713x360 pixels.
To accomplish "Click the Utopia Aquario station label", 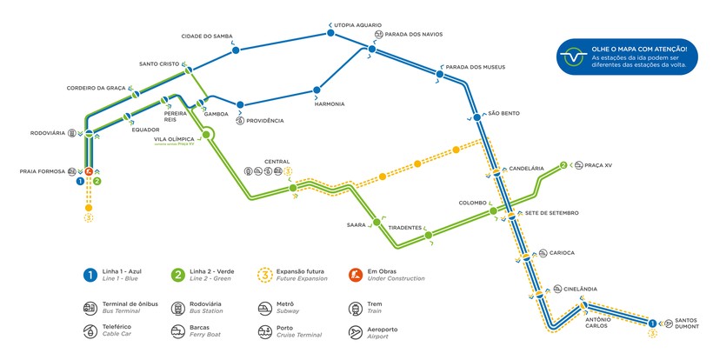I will (358, 25).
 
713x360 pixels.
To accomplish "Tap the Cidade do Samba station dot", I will (236, 52).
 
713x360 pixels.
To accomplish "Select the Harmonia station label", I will (330, 103).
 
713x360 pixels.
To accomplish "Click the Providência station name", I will (264, 120).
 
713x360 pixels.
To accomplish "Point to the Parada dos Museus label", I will (475, 67).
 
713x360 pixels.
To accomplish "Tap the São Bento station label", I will (503, 113).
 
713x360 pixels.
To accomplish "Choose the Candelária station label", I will (526, 168).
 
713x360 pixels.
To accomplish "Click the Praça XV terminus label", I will (599, 164).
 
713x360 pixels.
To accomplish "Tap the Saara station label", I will (356, 225).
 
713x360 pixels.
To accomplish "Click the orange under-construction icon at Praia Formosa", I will (89, 171).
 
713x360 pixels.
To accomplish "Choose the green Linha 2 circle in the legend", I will (178, 275).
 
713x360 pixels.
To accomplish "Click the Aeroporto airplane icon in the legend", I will (355, 332).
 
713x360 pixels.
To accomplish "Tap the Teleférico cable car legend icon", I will (90, 332).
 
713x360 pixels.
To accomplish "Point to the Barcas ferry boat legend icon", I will (178, 332).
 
